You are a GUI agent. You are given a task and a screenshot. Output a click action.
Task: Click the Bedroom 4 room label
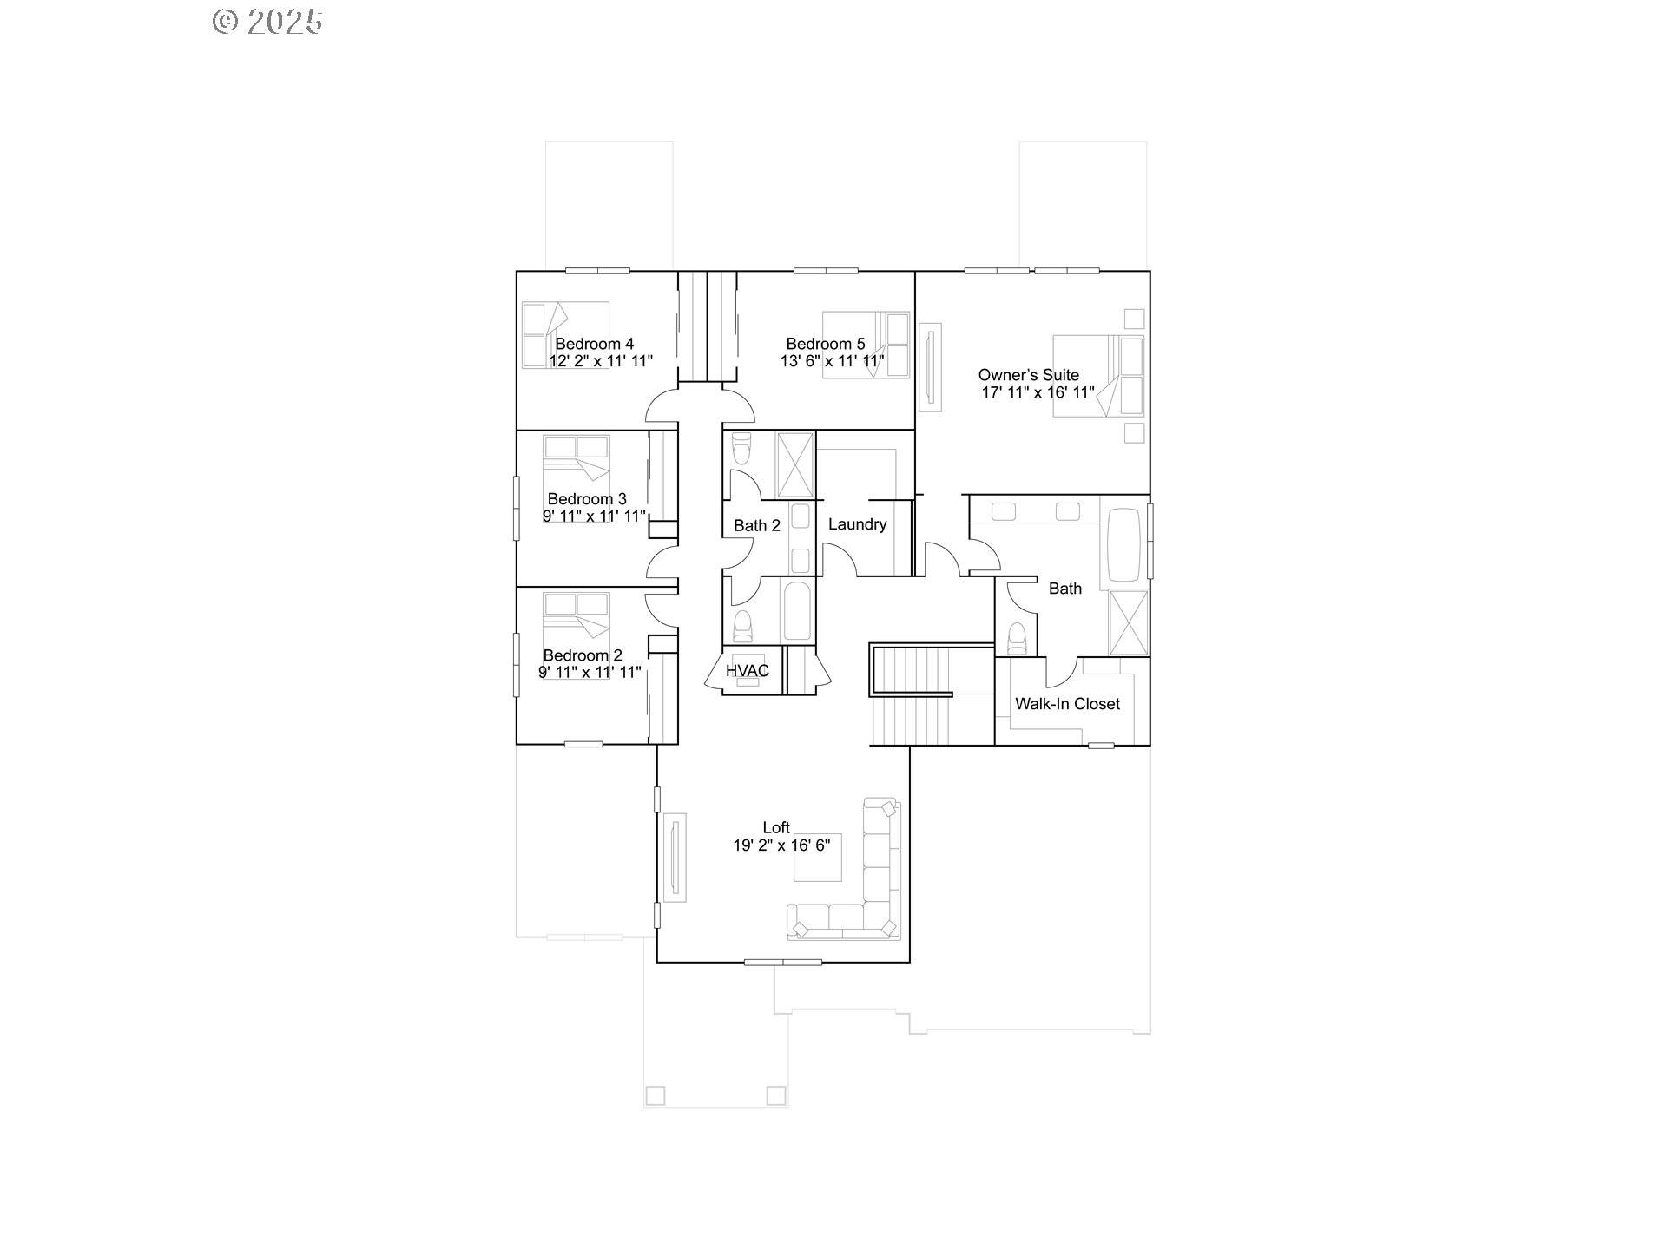[595, 344]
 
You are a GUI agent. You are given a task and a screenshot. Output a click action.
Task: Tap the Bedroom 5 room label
[826, 344]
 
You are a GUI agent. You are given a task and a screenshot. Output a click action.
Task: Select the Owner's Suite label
[1029, 375]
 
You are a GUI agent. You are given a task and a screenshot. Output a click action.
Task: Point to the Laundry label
[857, 524]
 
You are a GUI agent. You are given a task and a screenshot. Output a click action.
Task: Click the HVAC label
[748, 671]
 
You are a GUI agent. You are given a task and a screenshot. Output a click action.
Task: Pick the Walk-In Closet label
[1067, 704]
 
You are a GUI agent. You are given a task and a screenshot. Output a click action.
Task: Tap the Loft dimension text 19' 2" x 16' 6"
[781, 845]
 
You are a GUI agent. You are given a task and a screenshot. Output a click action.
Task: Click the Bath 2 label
[757, 525]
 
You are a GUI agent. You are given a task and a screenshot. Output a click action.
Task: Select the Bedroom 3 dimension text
[595, 516]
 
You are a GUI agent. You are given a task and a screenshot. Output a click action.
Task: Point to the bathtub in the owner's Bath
[1123, 545]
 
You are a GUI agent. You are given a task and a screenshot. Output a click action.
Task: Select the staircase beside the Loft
[912, 694]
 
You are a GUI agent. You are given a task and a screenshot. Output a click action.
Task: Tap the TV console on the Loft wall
[675, 857]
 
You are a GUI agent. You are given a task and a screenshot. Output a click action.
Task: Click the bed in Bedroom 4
[564, 335]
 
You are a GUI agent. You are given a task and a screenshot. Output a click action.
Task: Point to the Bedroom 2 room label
[583, 655]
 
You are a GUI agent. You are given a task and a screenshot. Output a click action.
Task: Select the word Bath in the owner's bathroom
[1065, 589]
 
